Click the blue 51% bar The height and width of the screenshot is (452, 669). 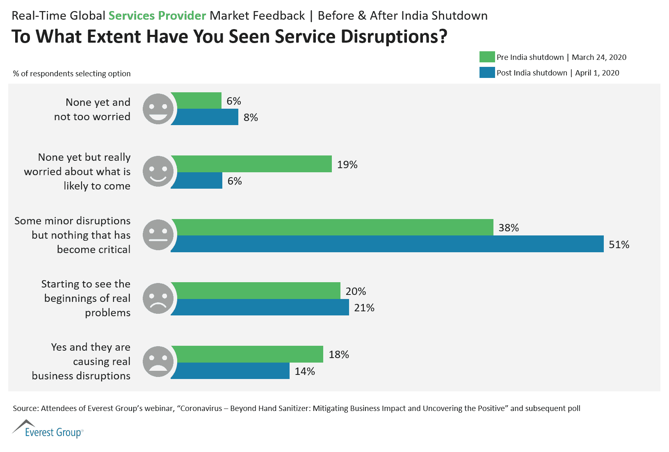point(387,244)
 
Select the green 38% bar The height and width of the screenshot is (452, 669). point(332,227)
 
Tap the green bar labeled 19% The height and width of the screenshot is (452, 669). point(251,164)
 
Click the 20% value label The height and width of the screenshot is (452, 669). point(356,291)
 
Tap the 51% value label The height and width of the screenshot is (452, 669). point(619,244)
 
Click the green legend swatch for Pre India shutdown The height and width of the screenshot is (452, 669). point(487,57)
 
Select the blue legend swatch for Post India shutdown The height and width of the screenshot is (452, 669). point(487,73)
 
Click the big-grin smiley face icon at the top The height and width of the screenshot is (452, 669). point(158,109)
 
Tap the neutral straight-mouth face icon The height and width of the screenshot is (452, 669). point(158,235)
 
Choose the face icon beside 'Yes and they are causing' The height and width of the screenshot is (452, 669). point(158,361)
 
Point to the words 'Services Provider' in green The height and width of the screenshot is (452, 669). point(157,16)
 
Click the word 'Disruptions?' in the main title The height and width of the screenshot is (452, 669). point(394,37)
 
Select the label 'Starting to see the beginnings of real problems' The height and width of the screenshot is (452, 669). point(86,298)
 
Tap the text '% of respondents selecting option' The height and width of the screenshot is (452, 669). point(72,73)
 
